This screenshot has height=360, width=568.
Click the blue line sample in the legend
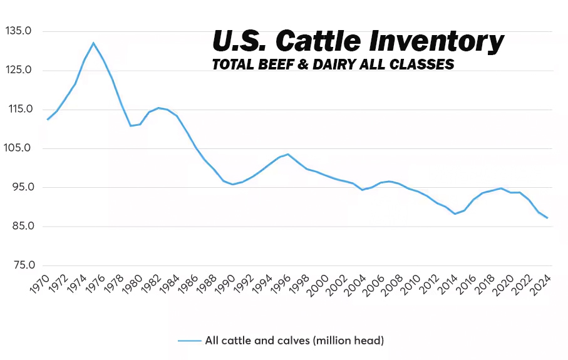(189, 341)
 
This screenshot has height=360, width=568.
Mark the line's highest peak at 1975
(93, 43)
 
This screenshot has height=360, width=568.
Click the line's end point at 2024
(547, 218)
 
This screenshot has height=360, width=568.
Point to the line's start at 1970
(47, 119)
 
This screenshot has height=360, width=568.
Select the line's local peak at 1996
(288, 154)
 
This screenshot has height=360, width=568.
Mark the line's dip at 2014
(455, 214)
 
